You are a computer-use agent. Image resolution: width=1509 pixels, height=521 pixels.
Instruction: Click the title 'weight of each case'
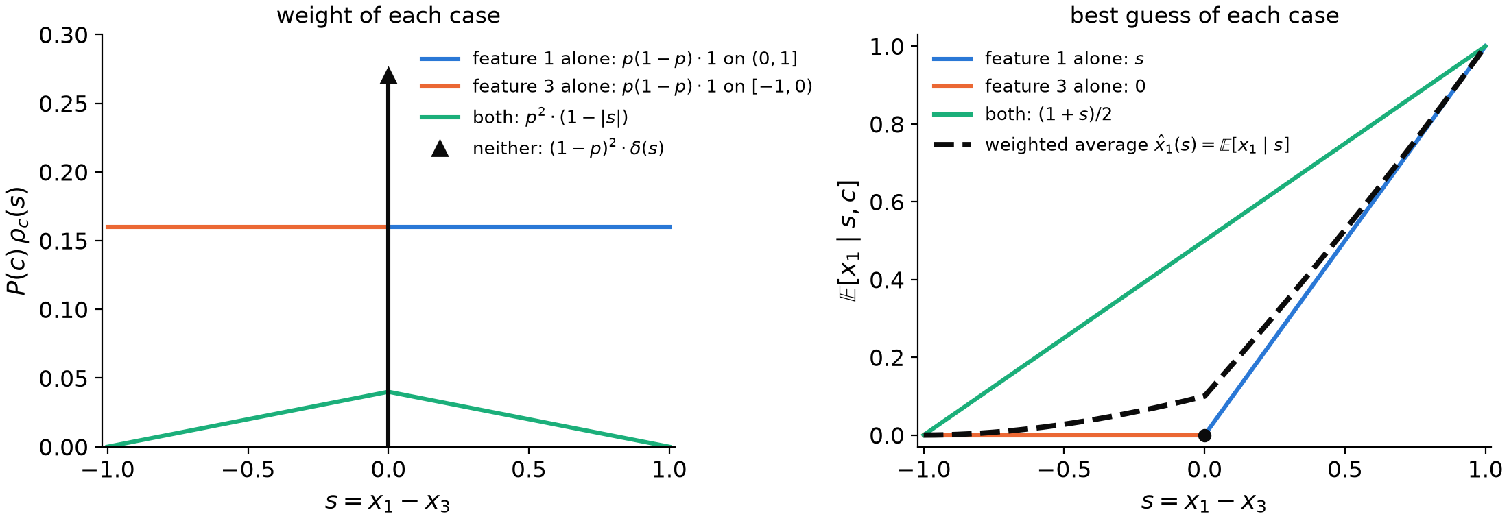(388, 16)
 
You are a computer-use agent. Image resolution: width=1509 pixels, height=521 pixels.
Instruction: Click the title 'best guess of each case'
(1204, 16)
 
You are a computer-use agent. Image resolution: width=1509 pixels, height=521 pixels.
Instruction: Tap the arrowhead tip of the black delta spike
(388, 68)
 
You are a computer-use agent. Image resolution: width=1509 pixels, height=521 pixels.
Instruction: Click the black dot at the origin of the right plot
(1204, 435)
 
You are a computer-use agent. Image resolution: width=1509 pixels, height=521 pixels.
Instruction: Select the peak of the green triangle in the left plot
(388, 391)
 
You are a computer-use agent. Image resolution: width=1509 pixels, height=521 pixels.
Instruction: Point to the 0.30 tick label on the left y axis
(64, 35)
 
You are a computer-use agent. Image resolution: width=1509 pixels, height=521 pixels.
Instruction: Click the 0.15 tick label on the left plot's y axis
(64, 241)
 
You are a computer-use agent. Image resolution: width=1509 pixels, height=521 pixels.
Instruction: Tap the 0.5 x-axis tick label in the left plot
(529, 470)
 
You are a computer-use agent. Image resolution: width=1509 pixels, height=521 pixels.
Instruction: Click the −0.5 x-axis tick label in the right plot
(1064, 470)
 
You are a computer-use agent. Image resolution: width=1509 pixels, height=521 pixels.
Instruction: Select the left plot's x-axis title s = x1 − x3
(388, 502)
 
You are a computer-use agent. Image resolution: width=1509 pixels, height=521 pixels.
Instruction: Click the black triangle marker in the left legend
(440, 148)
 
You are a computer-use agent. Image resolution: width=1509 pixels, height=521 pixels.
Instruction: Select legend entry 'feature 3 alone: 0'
(1038, 86)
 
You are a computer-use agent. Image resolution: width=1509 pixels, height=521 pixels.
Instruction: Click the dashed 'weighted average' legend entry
(1111, 145)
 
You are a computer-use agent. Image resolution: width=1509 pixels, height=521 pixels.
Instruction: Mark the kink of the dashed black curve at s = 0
(1204, 396)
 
